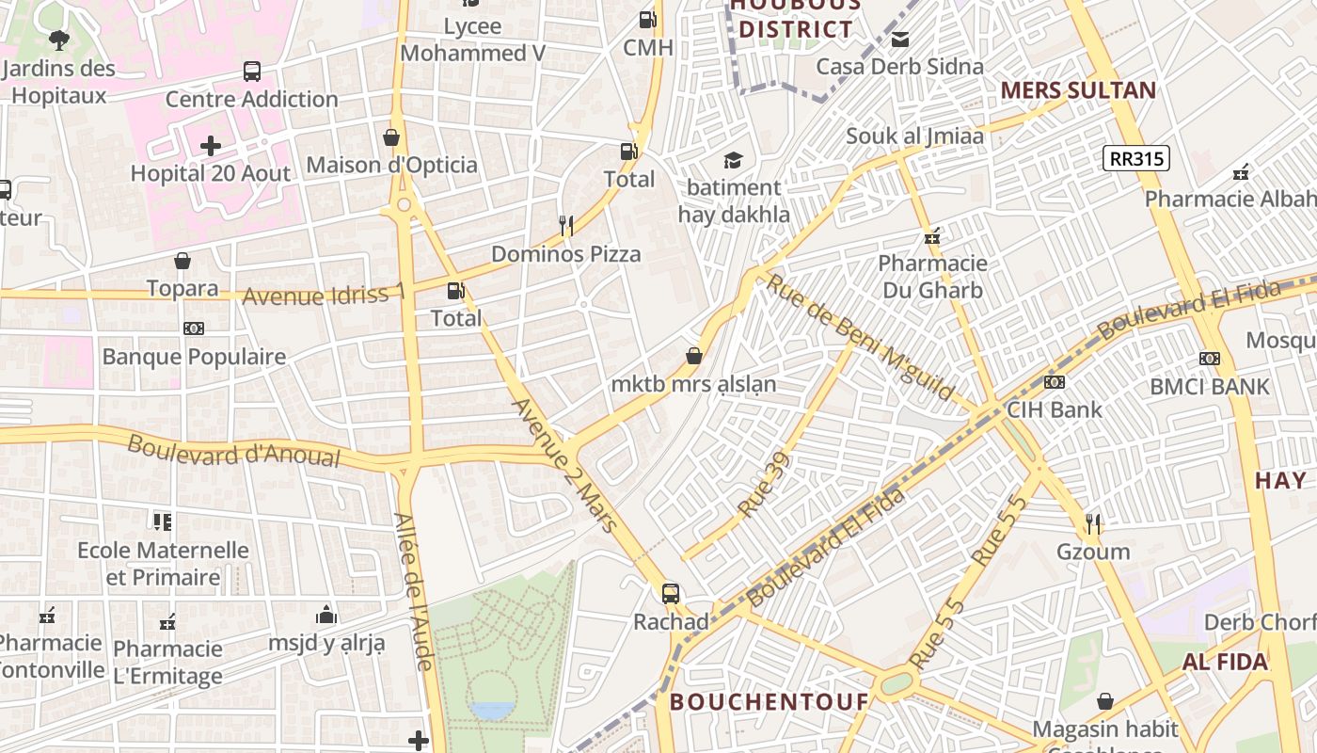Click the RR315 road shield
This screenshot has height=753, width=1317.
[x=1136, y=158]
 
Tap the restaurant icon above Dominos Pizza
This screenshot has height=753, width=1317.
[x=565, y=225]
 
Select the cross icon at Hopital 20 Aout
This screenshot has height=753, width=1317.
[x=211, y=146]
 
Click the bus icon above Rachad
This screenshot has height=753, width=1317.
[x=670, y=594]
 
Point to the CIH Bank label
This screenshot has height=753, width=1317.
[x=1054, y=409]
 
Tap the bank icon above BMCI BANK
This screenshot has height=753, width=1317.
[x=1210, y=359]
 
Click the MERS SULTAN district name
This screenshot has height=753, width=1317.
[x=1078, y=90]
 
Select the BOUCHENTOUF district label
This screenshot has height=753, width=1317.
[x=769, y=702]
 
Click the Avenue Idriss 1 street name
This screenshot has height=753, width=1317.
[x=324, y=295]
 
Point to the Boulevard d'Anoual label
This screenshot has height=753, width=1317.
[x=233, y=450]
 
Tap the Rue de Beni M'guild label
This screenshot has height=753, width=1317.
[x=860, y=337]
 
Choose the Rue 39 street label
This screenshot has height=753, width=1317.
[x=764, y=486]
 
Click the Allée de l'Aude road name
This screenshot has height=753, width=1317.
[x=412, y=591]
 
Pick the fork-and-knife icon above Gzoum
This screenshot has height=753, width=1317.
[x=1092, y=523]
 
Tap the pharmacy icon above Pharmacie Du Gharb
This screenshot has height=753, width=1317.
[x=932, y=236]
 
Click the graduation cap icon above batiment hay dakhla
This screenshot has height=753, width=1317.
[x=733, y=160]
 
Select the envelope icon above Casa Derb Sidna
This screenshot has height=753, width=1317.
[x=900, y=40]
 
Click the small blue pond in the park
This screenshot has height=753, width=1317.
[x=493, y=711]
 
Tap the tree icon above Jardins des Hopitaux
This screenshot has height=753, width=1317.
[x=58, y=40]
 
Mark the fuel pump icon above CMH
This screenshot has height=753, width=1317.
[x=647, y=19]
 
